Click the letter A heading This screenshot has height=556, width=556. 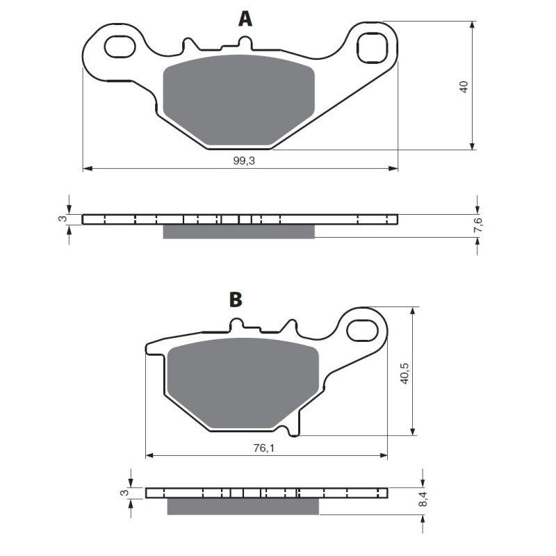click(x=245, y=19)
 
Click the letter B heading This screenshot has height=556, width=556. click(x=236, y=300)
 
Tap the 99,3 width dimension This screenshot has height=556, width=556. click(x=244, y=161)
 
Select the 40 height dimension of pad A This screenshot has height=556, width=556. click(x=464, y=87)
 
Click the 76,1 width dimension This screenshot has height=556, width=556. click(x=264, y=448)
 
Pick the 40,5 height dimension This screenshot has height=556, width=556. click(x=404, y=373)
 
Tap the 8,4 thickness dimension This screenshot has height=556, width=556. click(x=424, y=498)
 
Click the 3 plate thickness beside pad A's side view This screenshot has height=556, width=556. click(x=63, y=218)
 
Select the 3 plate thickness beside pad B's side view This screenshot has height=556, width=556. click(x=124, y=493)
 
